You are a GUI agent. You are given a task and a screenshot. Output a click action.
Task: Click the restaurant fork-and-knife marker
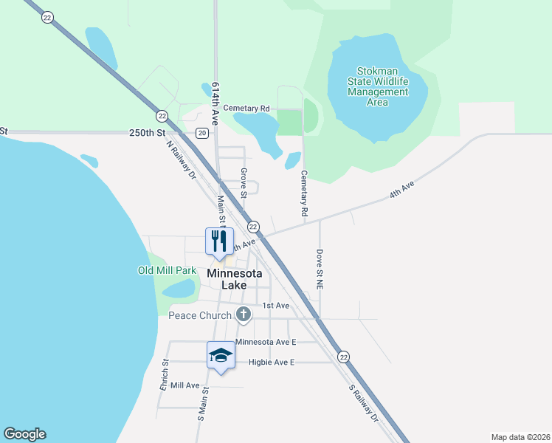(219, 241)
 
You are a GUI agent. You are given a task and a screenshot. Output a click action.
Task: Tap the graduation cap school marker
(220, 356)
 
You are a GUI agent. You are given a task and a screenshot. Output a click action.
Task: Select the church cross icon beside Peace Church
(244, 315)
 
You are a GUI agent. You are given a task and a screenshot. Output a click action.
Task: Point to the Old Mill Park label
(167, 270)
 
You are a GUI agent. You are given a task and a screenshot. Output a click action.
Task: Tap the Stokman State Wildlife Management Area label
(377, 86)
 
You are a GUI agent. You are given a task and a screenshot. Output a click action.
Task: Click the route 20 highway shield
(202, 133)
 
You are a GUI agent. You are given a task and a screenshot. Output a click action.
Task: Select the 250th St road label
(147, 133)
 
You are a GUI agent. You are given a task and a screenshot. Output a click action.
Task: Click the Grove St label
(243, 183)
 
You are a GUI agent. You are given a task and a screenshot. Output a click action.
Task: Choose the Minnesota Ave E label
(266, 342)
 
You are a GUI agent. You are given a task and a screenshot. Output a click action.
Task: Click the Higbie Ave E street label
(261, 362)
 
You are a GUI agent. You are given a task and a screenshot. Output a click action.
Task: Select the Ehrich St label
(165, 375)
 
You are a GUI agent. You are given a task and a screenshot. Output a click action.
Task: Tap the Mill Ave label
(184, 385)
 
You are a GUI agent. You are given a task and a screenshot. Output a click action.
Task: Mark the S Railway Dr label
(364, 402)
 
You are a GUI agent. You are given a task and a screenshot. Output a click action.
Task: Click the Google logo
(24, 434)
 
